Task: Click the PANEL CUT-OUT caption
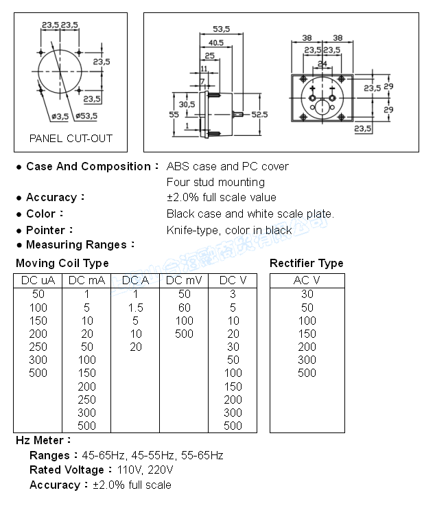point(71,138)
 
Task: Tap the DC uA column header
point(38,280)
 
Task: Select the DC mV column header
point(183,280)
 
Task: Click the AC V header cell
point(306,280)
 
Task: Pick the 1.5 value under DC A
point(136,307)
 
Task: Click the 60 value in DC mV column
point(184,307)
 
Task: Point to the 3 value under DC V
point(233,294)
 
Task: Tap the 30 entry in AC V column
point(307,294)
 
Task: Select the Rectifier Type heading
point(307,264)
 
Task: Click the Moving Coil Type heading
point(62,264)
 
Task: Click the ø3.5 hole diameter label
point(60,116)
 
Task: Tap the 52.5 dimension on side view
point(259,114)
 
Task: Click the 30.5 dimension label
point(187,104)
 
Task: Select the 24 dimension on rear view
point(322,64)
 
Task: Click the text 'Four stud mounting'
point(215,182)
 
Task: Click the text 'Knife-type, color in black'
point(229,230)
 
